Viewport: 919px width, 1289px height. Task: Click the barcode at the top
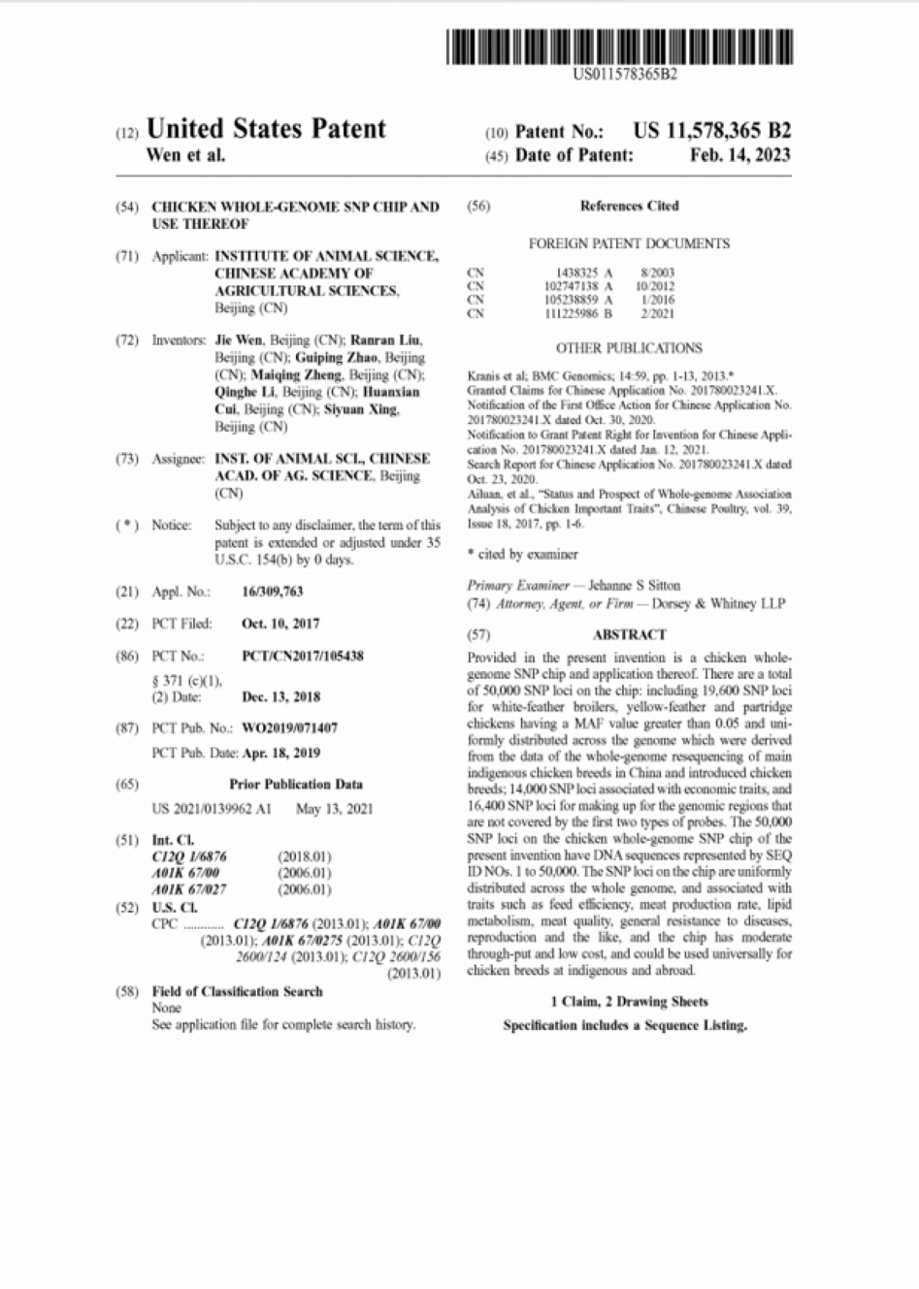[619, 47]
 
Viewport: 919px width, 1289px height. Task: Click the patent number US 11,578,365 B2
[711, 131]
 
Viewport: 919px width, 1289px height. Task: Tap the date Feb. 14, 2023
[739, 155]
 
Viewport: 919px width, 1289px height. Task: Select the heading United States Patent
[265, 129]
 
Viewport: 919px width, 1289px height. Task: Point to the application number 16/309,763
[272, 592]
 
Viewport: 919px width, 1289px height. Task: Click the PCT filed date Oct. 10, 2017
[280, 624]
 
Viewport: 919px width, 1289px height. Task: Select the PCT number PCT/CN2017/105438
[303, 656]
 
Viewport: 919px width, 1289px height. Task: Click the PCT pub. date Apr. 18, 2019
[280, 753]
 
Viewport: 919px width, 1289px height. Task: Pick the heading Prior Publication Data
[296, 784]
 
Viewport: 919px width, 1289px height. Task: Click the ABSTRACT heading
[629, 634]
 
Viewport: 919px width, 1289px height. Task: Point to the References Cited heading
[629, 206]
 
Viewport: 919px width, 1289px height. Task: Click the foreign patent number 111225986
[577, 313]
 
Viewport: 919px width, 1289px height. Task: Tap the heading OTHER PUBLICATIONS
[629, 348]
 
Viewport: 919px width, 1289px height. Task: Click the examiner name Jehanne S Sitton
[634, 585]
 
